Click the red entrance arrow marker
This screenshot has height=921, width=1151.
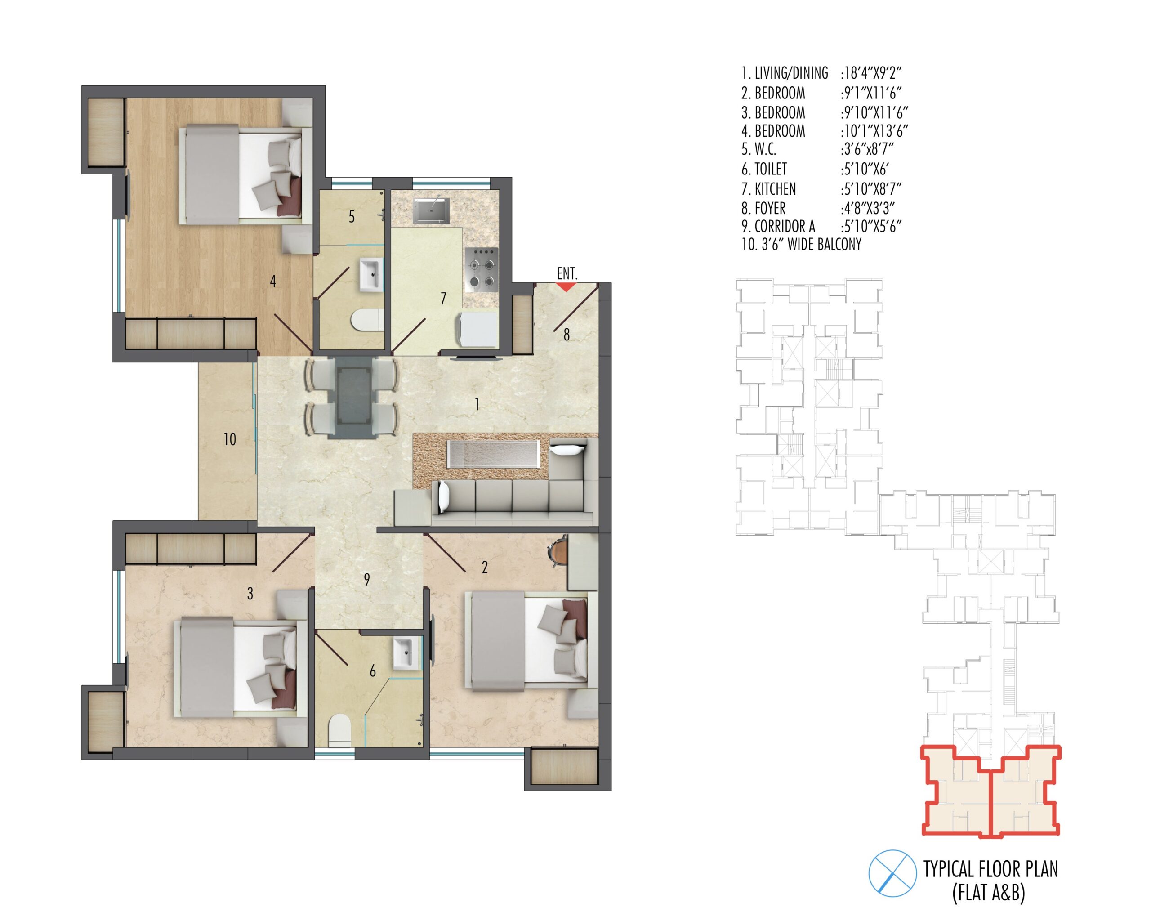(x=566, y=287)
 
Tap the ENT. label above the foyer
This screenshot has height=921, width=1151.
(x=567, y=274)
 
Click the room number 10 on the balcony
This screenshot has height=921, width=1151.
(x=230, y=439)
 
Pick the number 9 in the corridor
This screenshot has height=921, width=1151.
(x=367, y=580)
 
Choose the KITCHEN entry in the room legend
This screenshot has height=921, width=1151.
(x=768, y=189)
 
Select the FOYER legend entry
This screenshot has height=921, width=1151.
(x=763, y=208)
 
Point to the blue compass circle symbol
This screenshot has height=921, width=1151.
(x=892, y=873)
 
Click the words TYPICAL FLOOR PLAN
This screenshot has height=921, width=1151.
(x=991, y=870)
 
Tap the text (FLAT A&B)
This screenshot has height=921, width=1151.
(x=989, y=893)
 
